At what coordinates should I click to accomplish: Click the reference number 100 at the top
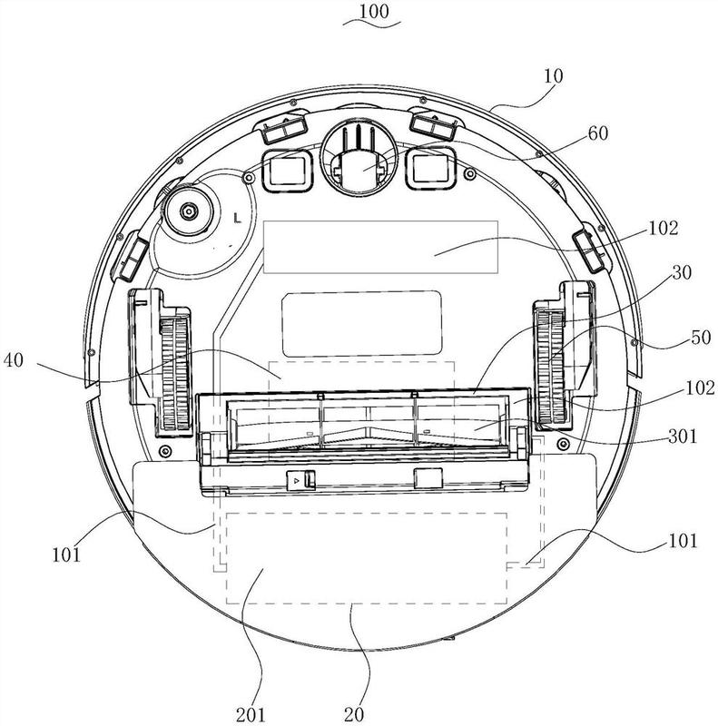374,11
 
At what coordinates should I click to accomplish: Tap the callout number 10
553,76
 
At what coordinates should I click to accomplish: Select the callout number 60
598,133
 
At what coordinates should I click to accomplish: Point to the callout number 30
682,273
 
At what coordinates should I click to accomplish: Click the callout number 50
701,337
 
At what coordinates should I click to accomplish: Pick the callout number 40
13,359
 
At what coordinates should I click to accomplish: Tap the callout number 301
683,437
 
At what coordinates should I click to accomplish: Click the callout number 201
251,715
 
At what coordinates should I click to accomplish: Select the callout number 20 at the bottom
354,715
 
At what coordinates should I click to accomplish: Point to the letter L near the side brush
238,218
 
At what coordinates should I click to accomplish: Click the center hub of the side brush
189,211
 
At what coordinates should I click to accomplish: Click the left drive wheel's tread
175,373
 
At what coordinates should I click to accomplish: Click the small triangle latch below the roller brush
297,480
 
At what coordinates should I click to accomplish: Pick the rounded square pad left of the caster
287,170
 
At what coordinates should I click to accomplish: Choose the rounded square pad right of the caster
431,168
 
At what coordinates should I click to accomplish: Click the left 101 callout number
66,554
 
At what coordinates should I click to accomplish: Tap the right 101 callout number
682,540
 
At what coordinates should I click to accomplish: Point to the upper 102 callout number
664,228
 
